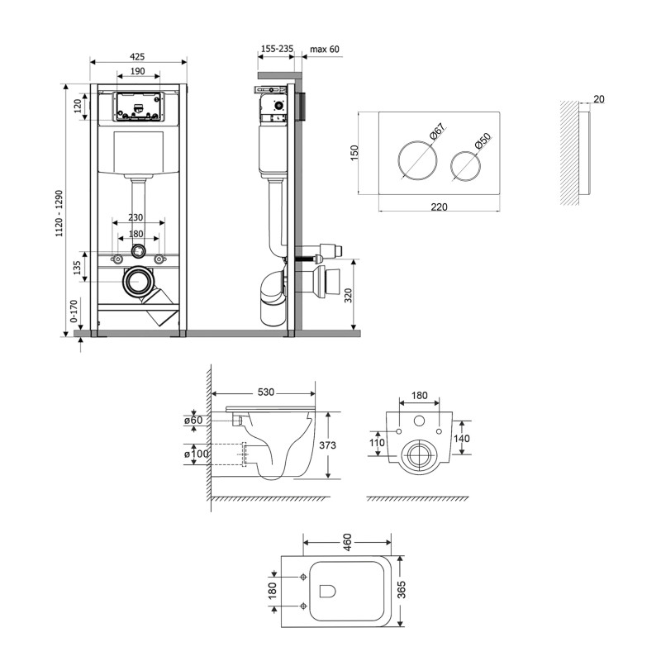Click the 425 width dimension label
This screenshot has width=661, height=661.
(137, 56)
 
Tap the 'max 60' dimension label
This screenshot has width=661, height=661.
(324, 50)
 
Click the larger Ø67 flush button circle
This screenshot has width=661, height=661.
(417, 160)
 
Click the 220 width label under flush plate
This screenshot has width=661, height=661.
(438, 207)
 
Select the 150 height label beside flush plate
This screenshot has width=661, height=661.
(356, 154)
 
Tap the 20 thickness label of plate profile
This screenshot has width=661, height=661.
(599, 99)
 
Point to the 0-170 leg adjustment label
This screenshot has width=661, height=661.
(74, 312)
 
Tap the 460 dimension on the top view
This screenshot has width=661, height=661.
(348, 541)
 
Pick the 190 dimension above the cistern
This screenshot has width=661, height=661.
(137, 72)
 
